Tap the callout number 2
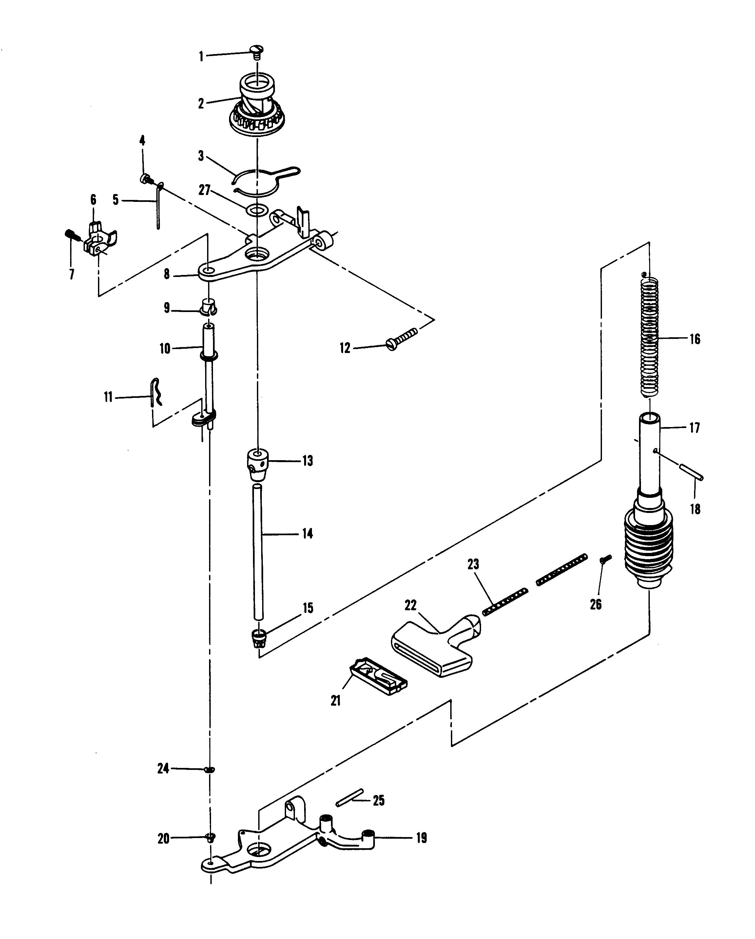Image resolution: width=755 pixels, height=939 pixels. pyautogui.click(x=201, y=104)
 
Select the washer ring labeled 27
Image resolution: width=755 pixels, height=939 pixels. pyautogui.click(x=257, y=211)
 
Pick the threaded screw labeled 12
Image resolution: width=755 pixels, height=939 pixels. pyautogui.click(x=401, y=339)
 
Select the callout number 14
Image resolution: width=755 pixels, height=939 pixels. pyautogui.click(x=307, y=534)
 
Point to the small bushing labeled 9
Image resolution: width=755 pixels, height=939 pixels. pyautogui.click(x=208, y=307)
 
